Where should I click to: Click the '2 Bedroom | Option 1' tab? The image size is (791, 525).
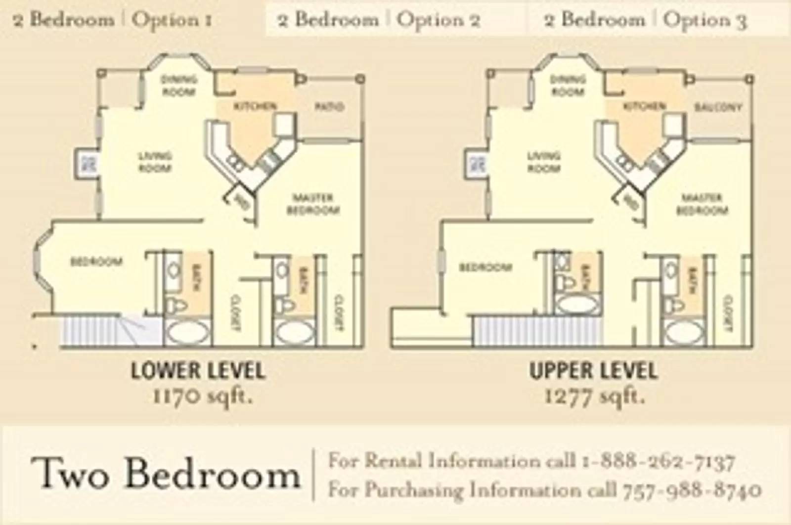[x=113, y=20]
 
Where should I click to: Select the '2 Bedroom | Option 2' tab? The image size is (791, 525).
[x=379, y=20]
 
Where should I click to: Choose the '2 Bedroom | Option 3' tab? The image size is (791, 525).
[x=645, y=20]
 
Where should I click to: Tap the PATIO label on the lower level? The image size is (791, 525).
[x=329, y=106]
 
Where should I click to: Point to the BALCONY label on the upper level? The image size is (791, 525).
[x=718, y=107]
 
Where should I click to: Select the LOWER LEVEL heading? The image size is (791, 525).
[x=198, y=371]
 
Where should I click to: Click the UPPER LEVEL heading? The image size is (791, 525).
[x=593, y=371]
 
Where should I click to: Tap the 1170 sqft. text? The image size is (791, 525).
[x=203, y=396]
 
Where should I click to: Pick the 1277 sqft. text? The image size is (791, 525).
[x=594, y=396]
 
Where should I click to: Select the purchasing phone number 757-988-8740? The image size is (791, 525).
[x=691, y=490]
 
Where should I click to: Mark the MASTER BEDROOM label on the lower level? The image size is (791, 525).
[x=313, y=204]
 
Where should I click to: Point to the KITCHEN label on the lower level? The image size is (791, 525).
[x=255, y=106]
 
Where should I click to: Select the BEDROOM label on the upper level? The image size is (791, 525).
[x=485, y=267]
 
